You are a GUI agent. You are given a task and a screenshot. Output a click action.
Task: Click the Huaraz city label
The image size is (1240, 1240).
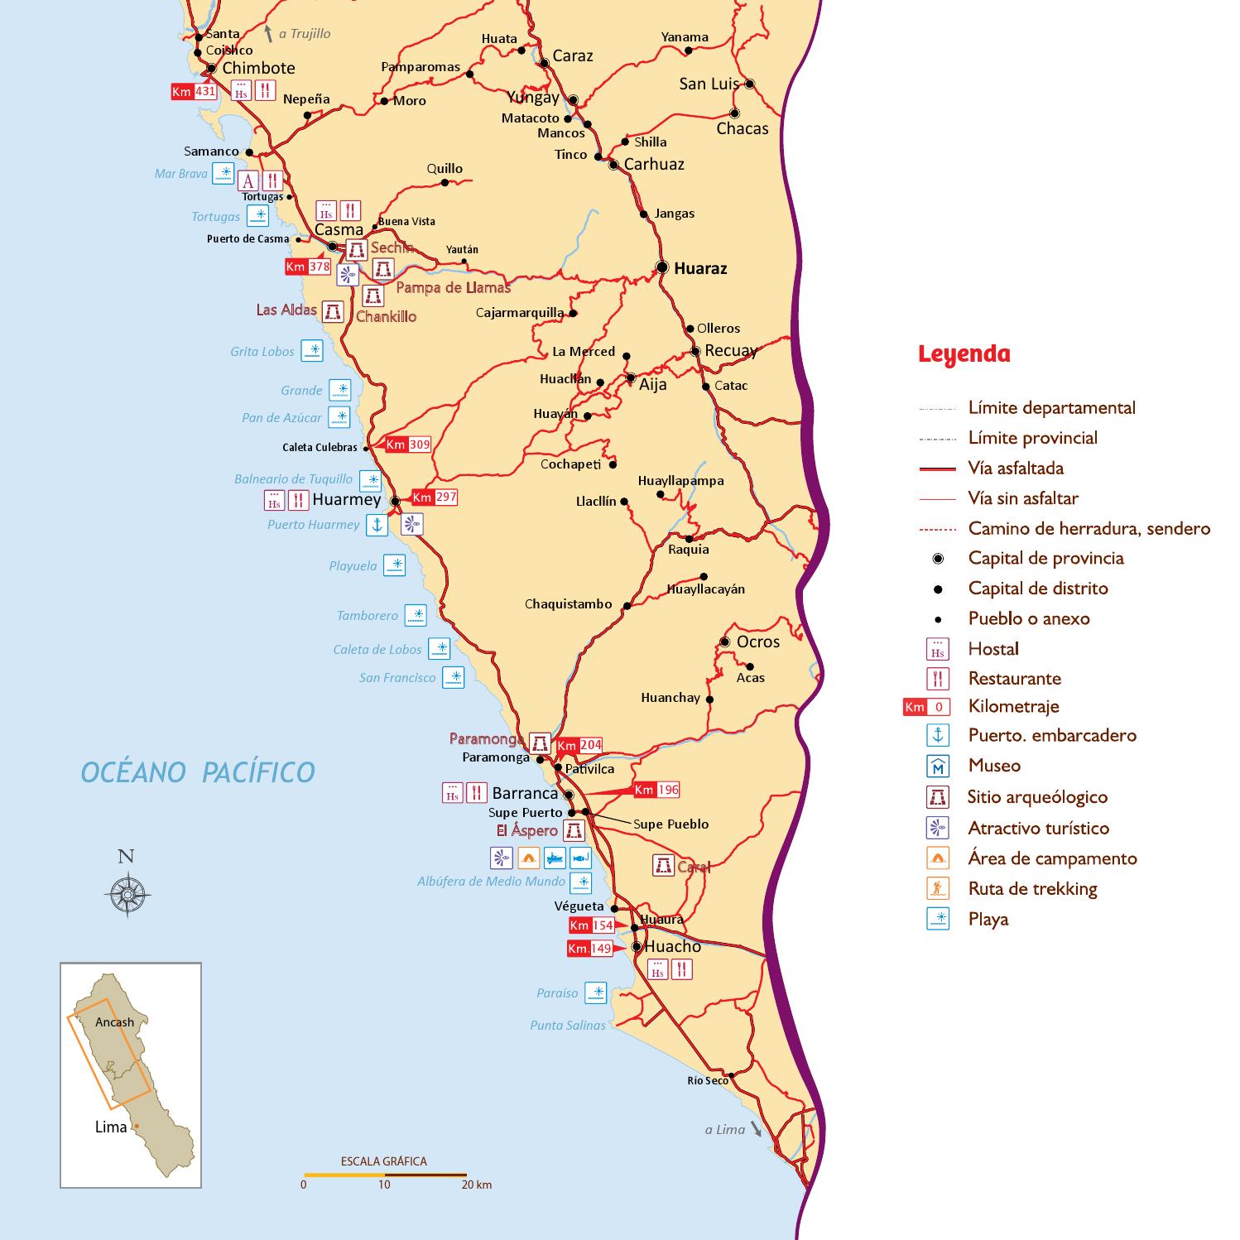700,268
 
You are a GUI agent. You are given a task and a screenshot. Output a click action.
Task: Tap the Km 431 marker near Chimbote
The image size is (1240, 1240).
193,92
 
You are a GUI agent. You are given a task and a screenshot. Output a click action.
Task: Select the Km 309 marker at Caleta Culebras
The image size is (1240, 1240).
408,445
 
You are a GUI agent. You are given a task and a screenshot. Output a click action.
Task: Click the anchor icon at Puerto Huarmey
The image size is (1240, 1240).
377,525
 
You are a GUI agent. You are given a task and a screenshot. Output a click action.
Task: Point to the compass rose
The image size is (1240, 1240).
127,893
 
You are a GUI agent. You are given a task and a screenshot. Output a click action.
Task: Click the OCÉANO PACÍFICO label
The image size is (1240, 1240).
198,772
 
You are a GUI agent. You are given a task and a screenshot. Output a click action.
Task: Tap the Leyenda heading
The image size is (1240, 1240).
964,354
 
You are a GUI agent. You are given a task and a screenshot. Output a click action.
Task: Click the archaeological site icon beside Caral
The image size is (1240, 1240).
662,866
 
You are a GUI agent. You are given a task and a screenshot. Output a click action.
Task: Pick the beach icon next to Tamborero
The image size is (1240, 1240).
415,615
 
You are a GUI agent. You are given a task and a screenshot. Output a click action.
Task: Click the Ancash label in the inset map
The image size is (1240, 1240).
114,1022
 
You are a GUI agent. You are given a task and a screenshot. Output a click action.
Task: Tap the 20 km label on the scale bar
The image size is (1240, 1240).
478,1185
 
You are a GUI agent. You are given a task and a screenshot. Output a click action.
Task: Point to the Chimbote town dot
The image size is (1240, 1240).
212,69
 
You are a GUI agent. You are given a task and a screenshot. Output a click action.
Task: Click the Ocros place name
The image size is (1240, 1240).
757,642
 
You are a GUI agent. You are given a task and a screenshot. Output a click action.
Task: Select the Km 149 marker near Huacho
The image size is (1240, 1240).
589,949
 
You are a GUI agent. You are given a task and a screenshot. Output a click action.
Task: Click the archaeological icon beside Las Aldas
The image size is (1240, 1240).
333,310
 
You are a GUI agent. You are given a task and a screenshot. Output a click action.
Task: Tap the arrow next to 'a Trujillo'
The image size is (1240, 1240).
268,33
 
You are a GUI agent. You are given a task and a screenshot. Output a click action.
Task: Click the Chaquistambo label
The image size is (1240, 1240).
568,604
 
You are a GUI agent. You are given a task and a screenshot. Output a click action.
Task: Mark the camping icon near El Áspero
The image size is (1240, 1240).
528,858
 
